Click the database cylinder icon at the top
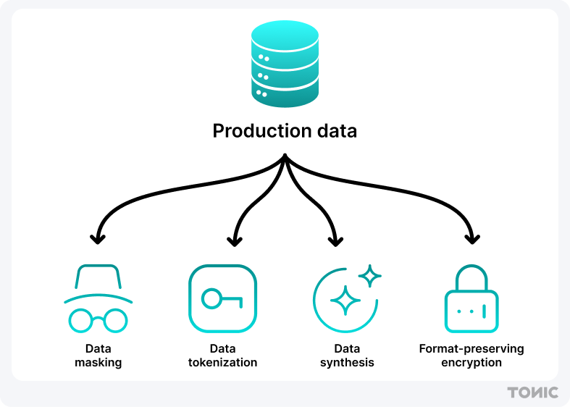point(285,64)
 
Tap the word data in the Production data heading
point(335,132)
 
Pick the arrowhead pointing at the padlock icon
point(471,238)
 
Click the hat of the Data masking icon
point(98,278)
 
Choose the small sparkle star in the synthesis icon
point(370,276)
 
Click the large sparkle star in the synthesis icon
point(345,300)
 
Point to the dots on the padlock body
point(471,311)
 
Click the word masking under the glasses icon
point(98,362)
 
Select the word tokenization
point(222,362)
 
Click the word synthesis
point(347,362)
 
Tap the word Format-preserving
point(471,349)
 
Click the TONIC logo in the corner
point(533,393)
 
